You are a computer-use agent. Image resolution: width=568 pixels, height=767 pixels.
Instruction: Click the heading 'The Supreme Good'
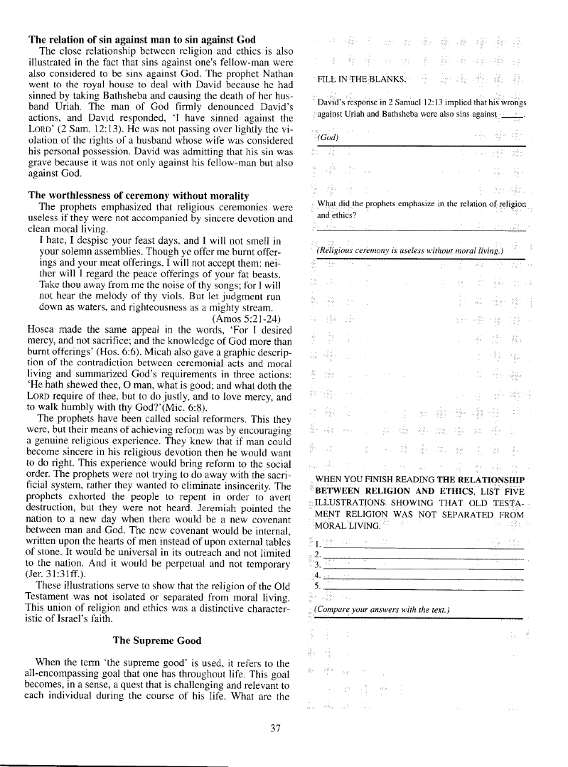pyautogui.click(x=157, y=640)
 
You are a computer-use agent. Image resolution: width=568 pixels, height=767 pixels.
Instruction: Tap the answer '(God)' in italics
pyautogui.click(x=328, y=137)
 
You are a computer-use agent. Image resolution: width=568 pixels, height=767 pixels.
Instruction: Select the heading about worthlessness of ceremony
pyautogui.click(x=138, y=195)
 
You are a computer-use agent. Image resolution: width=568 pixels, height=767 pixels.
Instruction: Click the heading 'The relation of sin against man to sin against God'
pyautogui.click(x=142, y=39)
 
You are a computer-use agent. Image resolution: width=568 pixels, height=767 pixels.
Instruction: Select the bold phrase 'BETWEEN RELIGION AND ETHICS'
pyautogui.click(x=394, y=490)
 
